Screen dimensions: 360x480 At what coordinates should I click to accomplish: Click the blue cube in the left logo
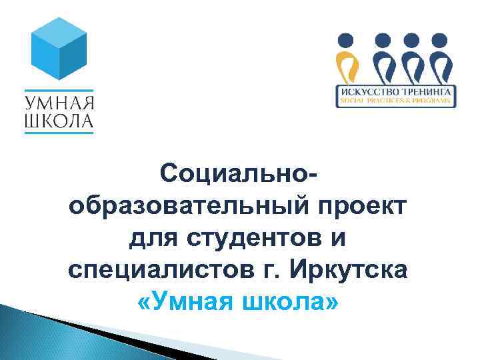59,51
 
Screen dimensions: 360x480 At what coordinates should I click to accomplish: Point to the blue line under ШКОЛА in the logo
59,133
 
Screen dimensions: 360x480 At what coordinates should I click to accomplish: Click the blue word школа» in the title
290,302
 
